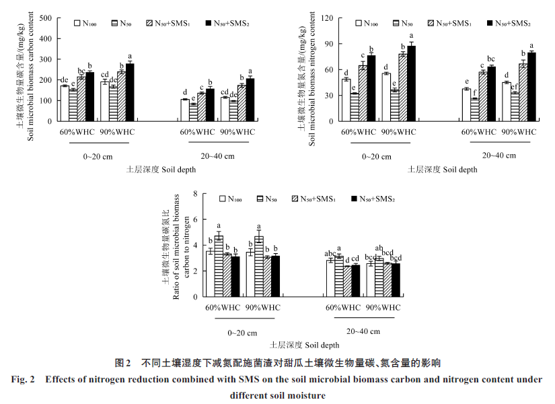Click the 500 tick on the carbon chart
46,18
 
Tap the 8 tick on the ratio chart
195,194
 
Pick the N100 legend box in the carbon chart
79,24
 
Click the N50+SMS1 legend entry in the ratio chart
313,199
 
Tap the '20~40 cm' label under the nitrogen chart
499,156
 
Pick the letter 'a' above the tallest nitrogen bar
412,36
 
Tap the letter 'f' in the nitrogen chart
476,94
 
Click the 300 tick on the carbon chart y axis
46,59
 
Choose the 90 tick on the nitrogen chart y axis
328,44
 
